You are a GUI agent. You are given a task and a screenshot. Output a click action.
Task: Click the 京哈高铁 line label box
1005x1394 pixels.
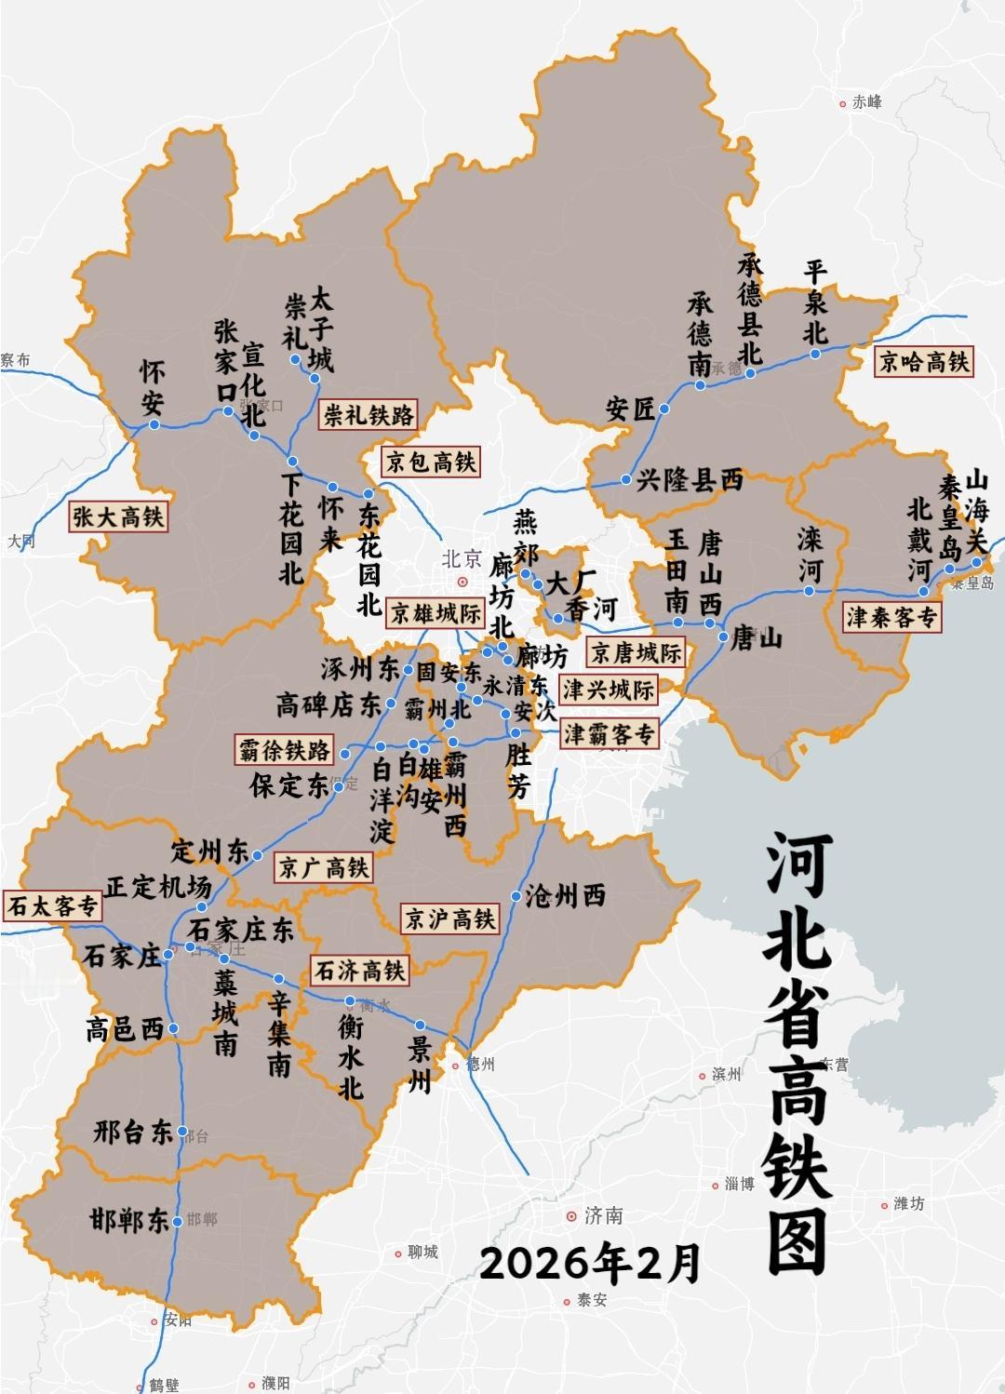(x=924, y=361)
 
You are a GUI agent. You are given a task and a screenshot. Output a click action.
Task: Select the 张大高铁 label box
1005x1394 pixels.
(x=118, y=516)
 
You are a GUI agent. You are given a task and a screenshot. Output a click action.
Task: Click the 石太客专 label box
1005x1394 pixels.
(x=52, y=905)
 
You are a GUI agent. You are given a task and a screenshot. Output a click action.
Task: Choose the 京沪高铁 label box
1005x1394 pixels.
(x=449, y=919)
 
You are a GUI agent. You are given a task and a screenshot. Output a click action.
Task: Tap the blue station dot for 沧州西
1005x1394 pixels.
(x=516, y=896)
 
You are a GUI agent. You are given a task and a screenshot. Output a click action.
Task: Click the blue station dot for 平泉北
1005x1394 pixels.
(x=814, y=354)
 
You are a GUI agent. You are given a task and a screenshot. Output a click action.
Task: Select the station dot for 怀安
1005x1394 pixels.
(x=154, y=424)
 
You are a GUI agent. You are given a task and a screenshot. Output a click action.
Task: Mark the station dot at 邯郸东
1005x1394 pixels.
(x=178, y=1220)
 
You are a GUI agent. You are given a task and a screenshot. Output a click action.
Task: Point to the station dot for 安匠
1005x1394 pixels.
(x=664, y=409)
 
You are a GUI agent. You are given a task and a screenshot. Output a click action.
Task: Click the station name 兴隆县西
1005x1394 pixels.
(x=690, y=480)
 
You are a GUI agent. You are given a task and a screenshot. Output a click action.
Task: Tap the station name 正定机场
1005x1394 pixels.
(x=157, y=886)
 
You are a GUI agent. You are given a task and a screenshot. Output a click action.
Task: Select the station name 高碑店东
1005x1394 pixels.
(x=328, y=704)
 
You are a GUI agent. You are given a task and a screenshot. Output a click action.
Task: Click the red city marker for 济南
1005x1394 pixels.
(x=570, y=1216)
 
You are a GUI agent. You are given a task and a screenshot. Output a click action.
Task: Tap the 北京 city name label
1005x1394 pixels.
(x=462, y=559)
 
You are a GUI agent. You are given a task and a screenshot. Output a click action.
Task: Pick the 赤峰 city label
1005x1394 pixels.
(x=866, y=102)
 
